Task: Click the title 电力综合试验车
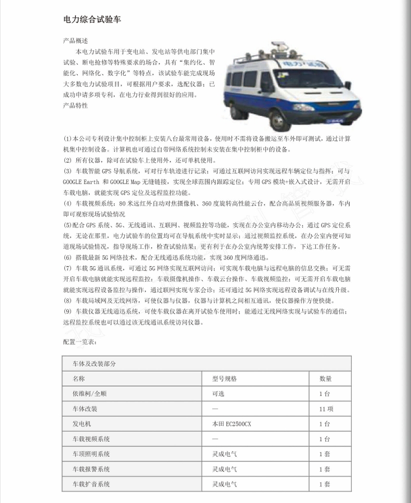pyautogui.click(x=92, y=19)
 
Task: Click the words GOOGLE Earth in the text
pyautogui.click(x=81, y=182)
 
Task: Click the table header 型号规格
pyautogui.click(x=224, y=379)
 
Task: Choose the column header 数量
pyautogui.click(x=326, y=379)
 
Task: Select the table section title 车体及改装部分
pyautogui.click(x=95, y=364)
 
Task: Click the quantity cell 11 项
pyautogui.click(x=326, y=409)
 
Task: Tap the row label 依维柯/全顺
pyautogui.click(x=89, y=394)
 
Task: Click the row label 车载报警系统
pyautogui.click(x=91, y=469)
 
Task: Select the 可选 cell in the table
pyautogui.click(x=218, y=394)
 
